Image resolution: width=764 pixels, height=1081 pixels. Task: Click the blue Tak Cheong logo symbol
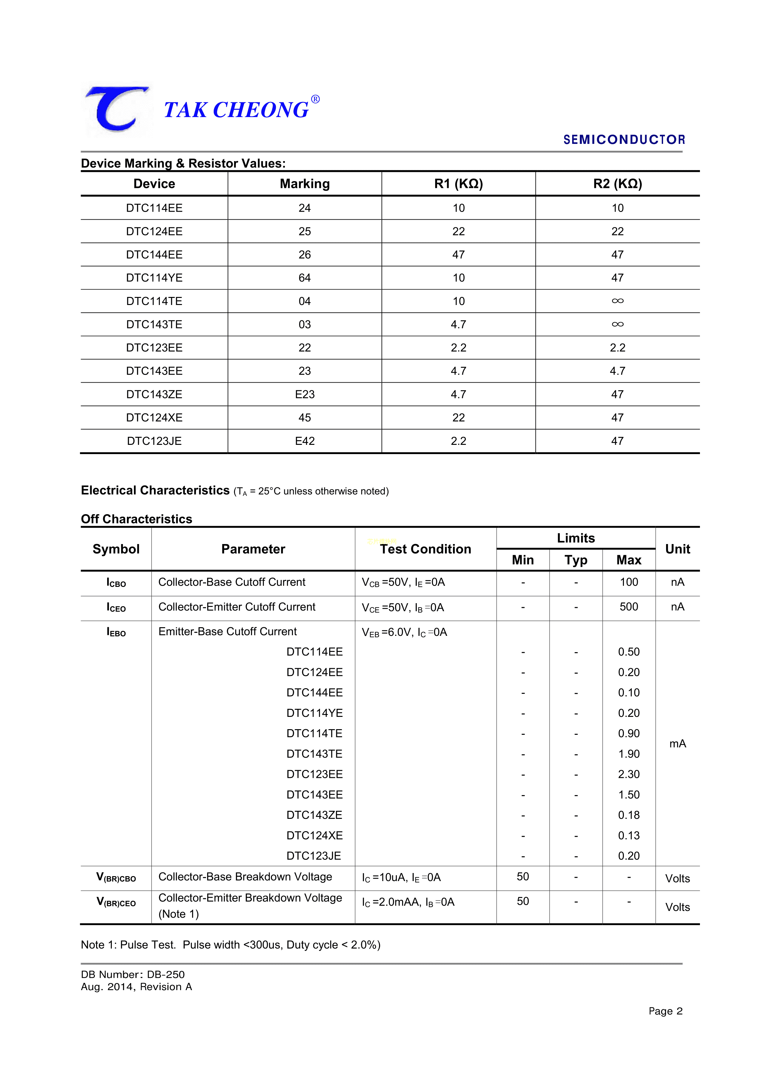[116, 109]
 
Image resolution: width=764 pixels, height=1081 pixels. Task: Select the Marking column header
[305, 184]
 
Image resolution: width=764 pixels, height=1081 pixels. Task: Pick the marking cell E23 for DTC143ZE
[305, 395]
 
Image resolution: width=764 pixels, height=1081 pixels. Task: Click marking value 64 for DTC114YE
[305, 278]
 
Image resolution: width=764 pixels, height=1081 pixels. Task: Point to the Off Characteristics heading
[136, 519]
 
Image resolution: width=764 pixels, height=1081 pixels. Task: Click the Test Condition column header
[426, 549]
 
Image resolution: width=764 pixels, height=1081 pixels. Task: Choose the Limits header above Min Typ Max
[576, 538]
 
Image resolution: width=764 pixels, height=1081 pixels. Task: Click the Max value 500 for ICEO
[629, 607]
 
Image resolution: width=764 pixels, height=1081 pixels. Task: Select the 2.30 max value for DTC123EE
[629, 774]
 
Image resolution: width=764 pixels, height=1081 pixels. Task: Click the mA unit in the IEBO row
[677, 744]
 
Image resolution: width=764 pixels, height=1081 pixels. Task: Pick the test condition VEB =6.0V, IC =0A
[404, 632]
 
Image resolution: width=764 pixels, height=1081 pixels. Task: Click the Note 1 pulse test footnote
[231, 945]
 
